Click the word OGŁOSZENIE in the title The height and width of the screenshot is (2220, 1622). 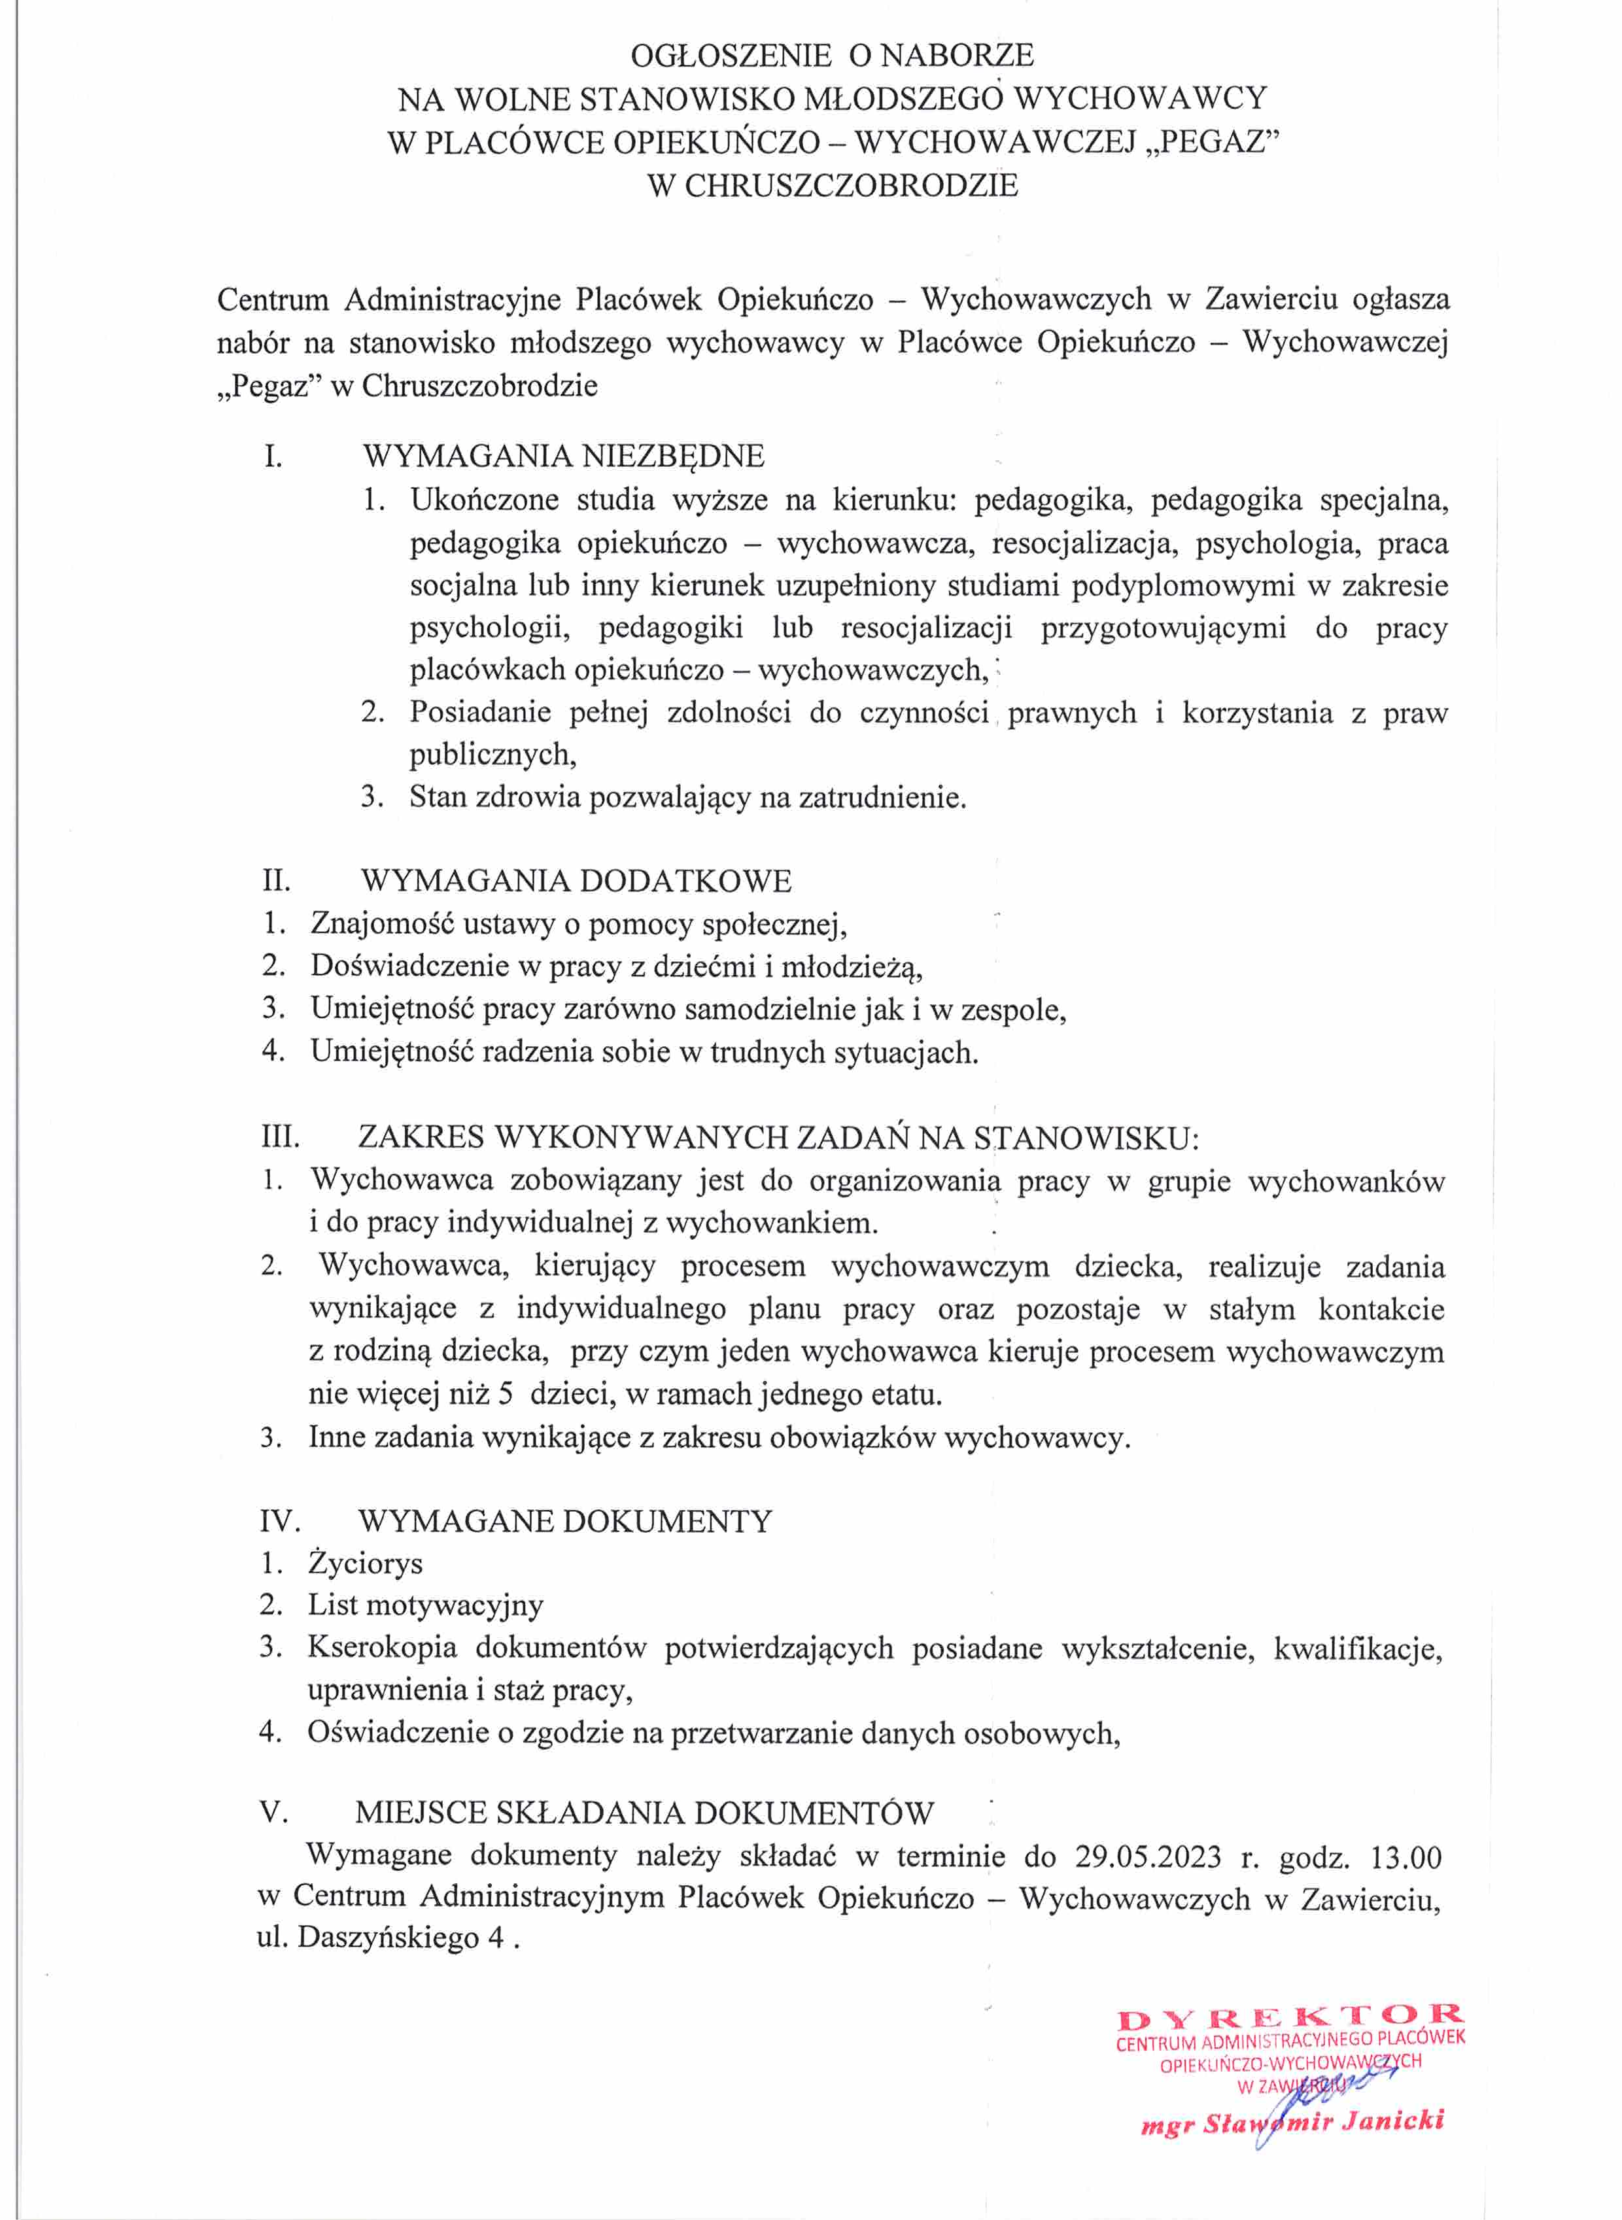pos(731,55)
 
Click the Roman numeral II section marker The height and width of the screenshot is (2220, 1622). pos(276,880)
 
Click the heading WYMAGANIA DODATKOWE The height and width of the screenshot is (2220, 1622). pos(576,880)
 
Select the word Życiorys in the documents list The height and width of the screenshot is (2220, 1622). pos(365,1563)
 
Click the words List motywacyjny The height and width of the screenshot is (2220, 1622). pos(425,1605)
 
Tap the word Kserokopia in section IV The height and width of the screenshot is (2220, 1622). pos(382,1648)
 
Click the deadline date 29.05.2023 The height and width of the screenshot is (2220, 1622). pos(1148,1858)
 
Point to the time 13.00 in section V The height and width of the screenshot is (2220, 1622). pos(1406,1858)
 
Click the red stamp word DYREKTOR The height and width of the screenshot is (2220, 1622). pos(1290,2019)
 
